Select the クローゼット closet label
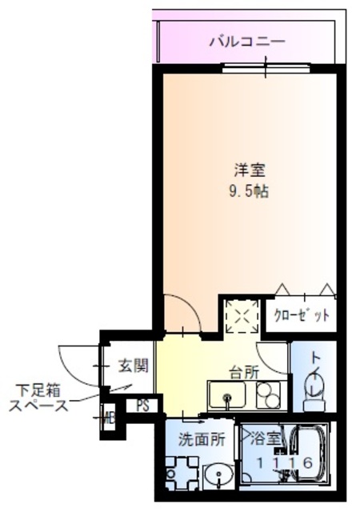pyautogui.click(x=302, y=314)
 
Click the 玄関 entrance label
pyautogui.click(x=133, y=366)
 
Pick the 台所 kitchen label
pyautogui.click(x=244, y=372)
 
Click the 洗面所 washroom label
pyautogui.click(x=196, y=438)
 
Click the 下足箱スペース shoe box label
pyautogui.click(x=37, y=398)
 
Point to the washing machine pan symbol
pyautogui.click(x=181, y=472)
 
